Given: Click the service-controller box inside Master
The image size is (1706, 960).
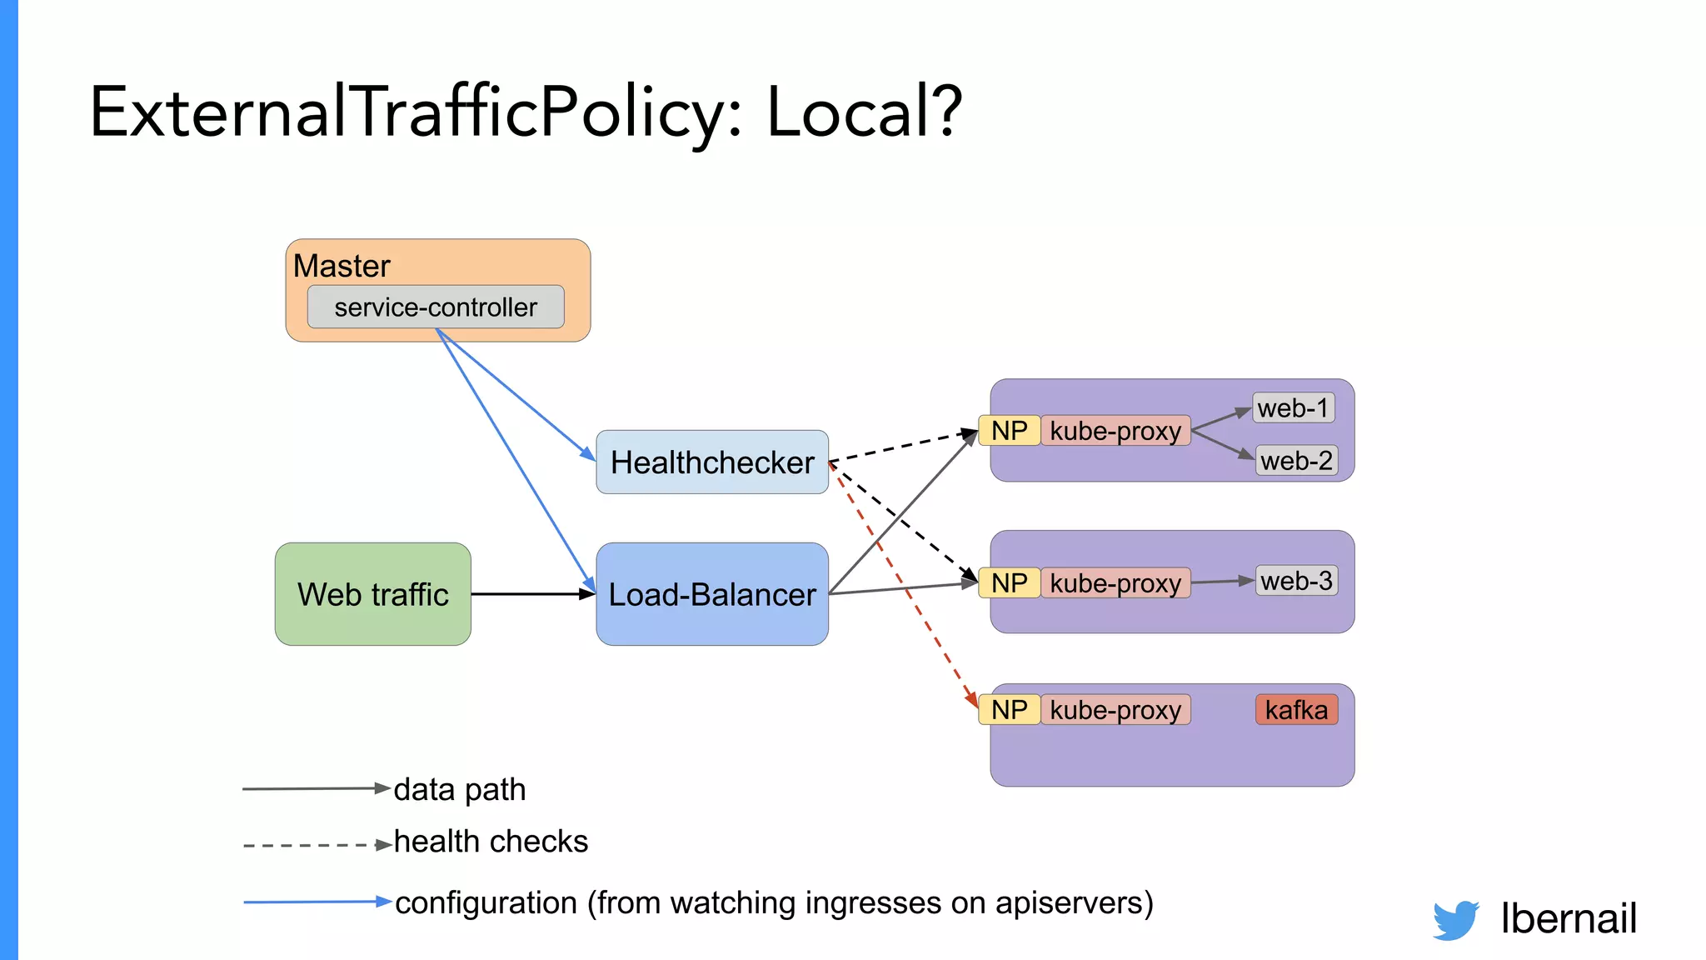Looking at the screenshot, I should click(x=436, y=307).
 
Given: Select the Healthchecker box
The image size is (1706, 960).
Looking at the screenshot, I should click(x=712, y=462).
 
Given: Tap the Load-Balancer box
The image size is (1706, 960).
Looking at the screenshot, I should click(x=712, y=594).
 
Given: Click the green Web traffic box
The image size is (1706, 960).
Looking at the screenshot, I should click(x=373, y=594).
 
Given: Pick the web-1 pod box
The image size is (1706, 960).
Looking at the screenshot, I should click(x=1294, y=408).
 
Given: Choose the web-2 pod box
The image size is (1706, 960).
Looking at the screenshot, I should click(x=1296, y=460).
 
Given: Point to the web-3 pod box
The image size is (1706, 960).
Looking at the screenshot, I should click(x=1296, y=581).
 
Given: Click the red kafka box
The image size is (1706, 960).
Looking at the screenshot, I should click(x=1296, y=710).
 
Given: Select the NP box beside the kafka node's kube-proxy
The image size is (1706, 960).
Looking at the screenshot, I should click(x=1010, y=710).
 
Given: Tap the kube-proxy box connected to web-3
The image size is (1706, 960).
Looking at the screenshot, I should click(x=1115, y=583).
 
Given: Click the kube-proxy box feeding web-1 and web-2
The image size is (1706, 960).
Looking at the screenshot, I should click(x=1115, y=431).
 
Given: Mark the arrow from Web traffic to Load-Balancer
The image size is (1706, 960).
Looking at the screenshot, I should click(x=533, y=594).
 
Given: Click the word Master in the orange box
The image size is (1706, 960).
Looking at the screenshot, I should click(x=342, y=266).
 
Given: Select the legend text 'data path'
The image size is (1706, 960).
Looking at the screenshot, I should click(x=460, y=789).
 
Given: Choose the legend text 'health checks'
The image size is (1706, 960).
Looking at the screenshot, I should click(x=491, y=842).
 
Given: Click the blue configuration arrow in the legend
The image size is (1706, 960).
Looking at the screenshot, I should click(x=317, y=902).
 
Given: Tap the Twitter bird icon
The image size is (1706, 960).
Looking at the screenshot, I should click(x=1456, y=920).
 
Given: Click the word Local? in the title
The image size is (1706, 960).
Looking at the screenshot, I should click(x=864, y=112).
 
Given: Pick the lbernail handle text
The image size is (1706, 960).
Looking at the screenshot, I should click(x=1569, y=918).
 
